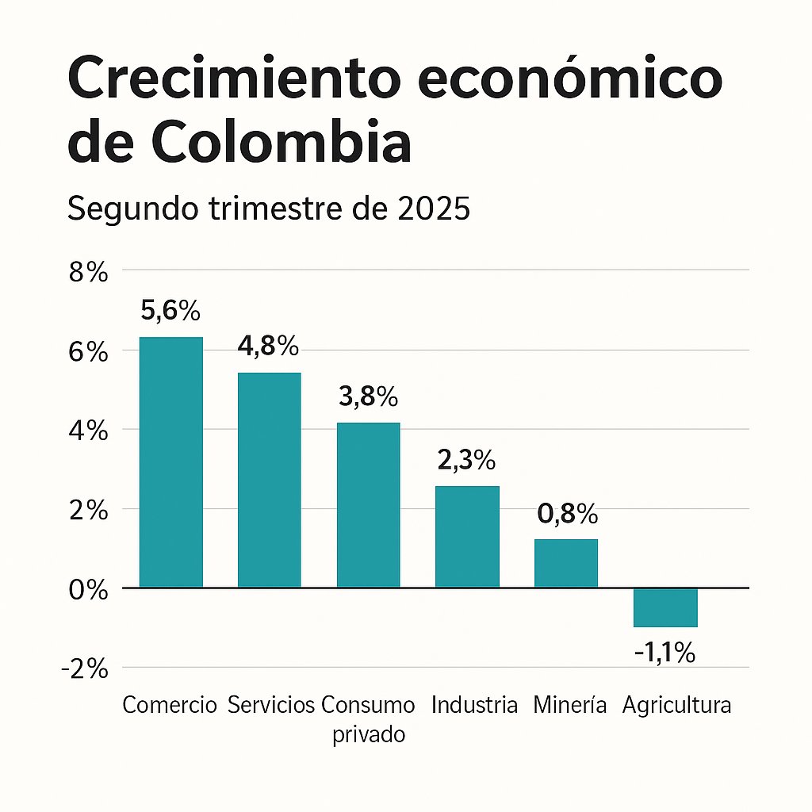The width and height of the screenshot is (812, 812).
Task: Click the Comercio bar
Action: pos(170,462)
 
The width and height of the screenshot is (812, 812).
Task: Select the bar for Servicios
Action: pos(270,480)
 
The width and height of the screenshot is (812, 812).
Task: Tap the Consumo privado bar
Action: pos(368,505)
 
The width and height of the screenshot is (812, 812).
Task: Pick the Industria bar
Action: pos(467,537)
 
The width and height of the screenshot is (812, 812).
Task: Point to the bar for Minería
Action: pos(565,563)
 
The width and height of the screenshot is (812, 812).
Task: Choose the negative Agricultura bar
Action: pos(665,607)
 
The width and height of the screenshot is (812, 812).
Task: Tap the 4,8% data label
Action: pos(269,347)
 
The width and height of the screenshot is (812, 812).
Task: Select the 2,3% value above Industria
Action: pos(466,460)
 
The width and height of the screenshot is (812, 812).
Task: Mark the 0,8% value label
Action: pos(566,515)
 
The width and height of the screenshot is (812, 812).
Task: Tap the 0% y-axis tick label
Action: pos(87,590)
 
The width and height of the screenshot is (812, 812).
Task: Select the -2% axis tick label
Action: pos(83,669)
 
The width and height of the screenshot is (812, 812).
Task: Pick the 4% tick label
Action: pos(87,431)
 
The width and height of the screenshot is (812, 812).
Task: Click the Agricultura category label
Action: pos(676,705)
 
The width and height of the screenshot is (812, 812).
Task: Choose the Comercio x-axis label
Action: pos(170,705)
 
